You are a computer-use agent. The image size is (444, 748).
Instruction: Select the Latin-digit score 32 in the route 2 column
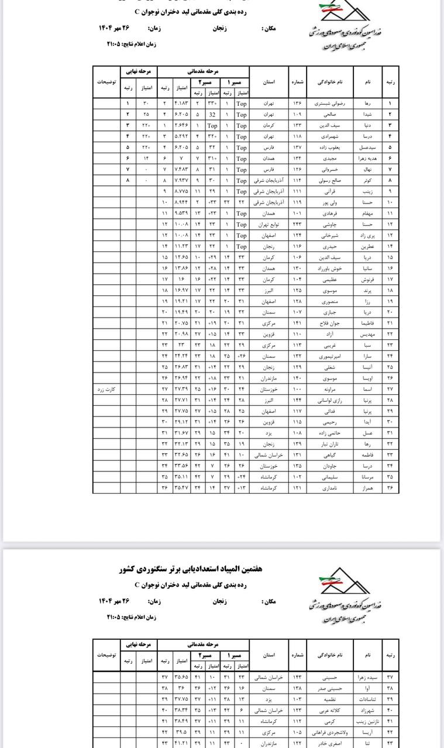[x=213, y=114]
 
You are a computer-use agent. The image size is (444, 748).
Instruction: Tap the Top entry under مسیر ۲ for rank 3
[x=212, y=125]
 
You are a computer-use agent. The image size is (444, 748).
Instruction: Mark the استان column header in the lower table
[x=269, y=655]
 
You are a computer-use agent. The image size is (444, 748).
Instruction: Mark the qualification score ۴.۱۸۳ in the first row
[x=181, y=104]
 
